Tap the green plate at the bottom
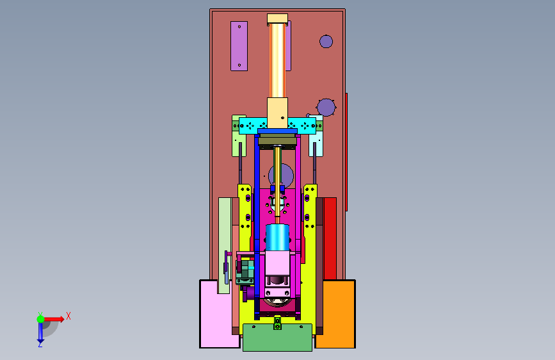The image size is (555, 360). (x=278, y=338)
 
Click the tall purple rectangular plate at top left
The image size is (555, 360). (x=239, y=46)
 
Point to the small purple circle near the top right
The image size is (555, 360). (x=326, y=42)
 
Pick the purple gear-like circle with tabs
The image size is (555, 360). (x=326, y=108)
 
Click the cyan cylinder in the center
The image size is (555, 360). (x=278, y=238)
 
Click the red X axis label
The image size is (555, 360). (x=68, y=316)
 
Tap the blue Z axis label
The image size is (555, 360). (x=40, y=344)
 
